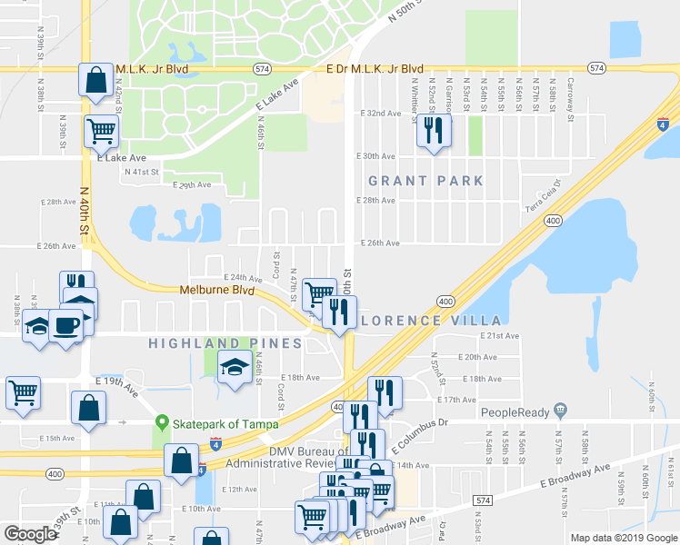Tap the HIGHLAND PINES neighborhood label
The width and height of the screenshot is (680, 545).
pos(213,343)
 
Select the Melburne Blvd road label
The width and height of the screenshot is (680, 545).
pos(215,290)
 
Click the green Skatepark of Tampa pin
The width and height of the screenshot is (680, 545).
pos(164,422)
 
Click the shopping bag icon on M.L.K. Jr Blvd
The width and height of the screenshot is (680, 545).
pos(95,80)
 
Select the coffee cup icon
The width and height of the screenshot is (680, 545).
pos(65,323)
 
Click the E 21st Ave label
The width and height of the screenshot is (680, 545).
pos(499,336)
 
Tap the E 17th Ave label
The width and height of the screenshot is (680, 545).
pos(456,400)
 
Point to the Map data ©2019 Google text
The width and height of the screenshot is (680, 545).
pos(624,538)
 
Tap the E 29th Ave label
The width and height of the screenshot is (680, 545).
pos(192,184)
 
